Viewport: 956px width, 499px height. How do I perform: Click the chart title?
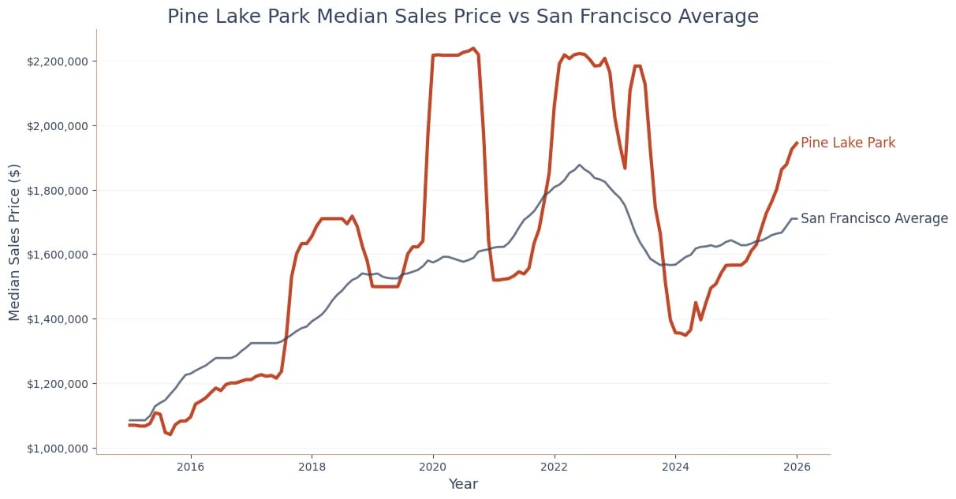[463, 17]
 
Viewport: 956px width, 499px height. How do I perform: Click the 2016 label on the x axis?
[190, 466]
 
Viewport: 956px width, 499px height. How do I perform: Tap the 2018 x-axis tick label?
[312, 466]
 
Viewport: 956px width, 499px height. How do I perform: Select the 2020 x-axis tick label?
[433, 466]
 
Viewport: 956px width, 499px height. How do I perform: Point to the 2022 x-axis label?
[555, 466]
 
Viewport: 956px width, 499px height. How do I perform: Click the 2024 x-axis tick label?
[675, 466]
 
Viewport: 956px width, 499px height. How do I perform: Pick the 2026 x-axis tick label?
[797, 466]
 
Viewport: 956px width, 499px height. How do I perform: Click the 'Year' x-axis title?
[463, 484]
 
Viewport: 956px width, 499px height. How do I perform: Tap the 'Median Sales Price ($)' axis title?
[15, 241]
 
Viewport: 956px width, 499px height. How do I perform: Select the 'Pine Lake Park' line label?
[848, 143]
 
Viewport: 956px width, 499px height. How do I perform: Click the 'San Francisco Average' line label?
[874, 218]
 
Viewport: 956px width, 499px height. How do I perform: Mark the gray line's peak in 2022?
[579, 166]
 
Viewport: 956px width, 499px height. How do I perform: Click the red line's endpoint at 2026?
[797, 143]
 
